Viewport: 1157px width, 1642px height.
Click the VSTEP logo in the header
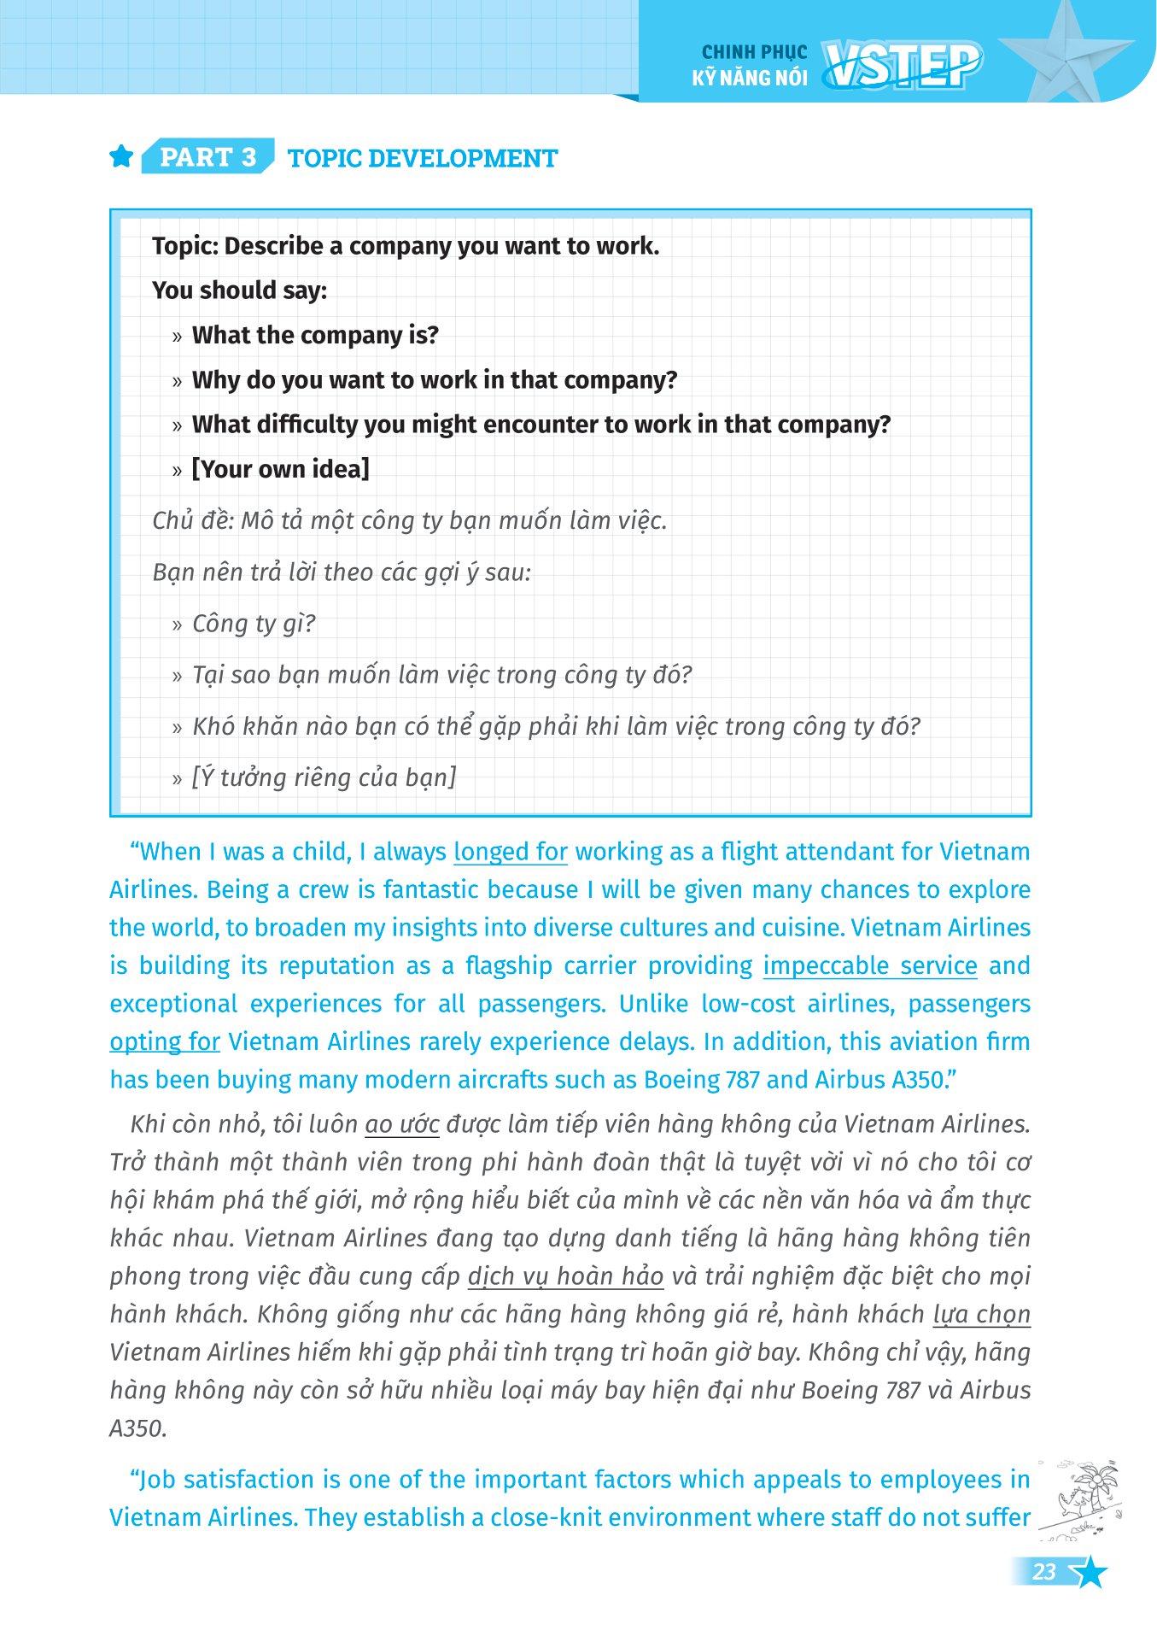coord(901,67)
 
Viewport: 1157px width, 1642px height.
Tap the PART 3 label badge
coord(207,157)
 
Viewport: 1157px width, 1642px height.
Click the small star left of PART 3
coord(122,157)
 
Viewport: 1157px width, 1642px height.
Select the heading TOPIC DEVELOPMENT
coord(423,158)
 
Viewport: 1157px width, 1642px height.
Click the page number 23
coord(1044,1572)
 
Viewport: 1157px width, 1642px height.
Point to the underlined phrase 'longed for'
coord(511,852)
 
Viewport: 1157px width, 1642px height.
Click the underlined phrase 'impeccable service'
coord(869,965)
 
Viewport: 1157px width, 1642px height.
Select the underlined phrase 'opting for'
coord(165,1041)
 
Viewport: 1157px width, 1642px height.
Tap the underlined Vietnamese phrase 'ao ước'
coord(401,1124)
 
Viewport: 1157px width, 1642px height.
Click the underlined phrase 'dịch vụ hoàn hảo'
coord(565,1276)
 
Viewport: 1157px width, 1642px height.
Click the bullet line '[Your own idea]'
coord(280,469)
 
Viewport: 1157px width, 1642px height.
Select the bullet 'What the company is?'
coord(314,335)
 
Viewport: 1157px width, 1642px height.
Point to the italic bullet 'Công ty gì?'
coord(254,624)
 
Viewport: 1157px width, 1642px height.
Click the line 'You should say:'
coord(239,290)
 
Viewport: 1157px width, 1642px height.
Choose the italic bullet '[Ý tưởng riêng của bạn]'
coord(324,777)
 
